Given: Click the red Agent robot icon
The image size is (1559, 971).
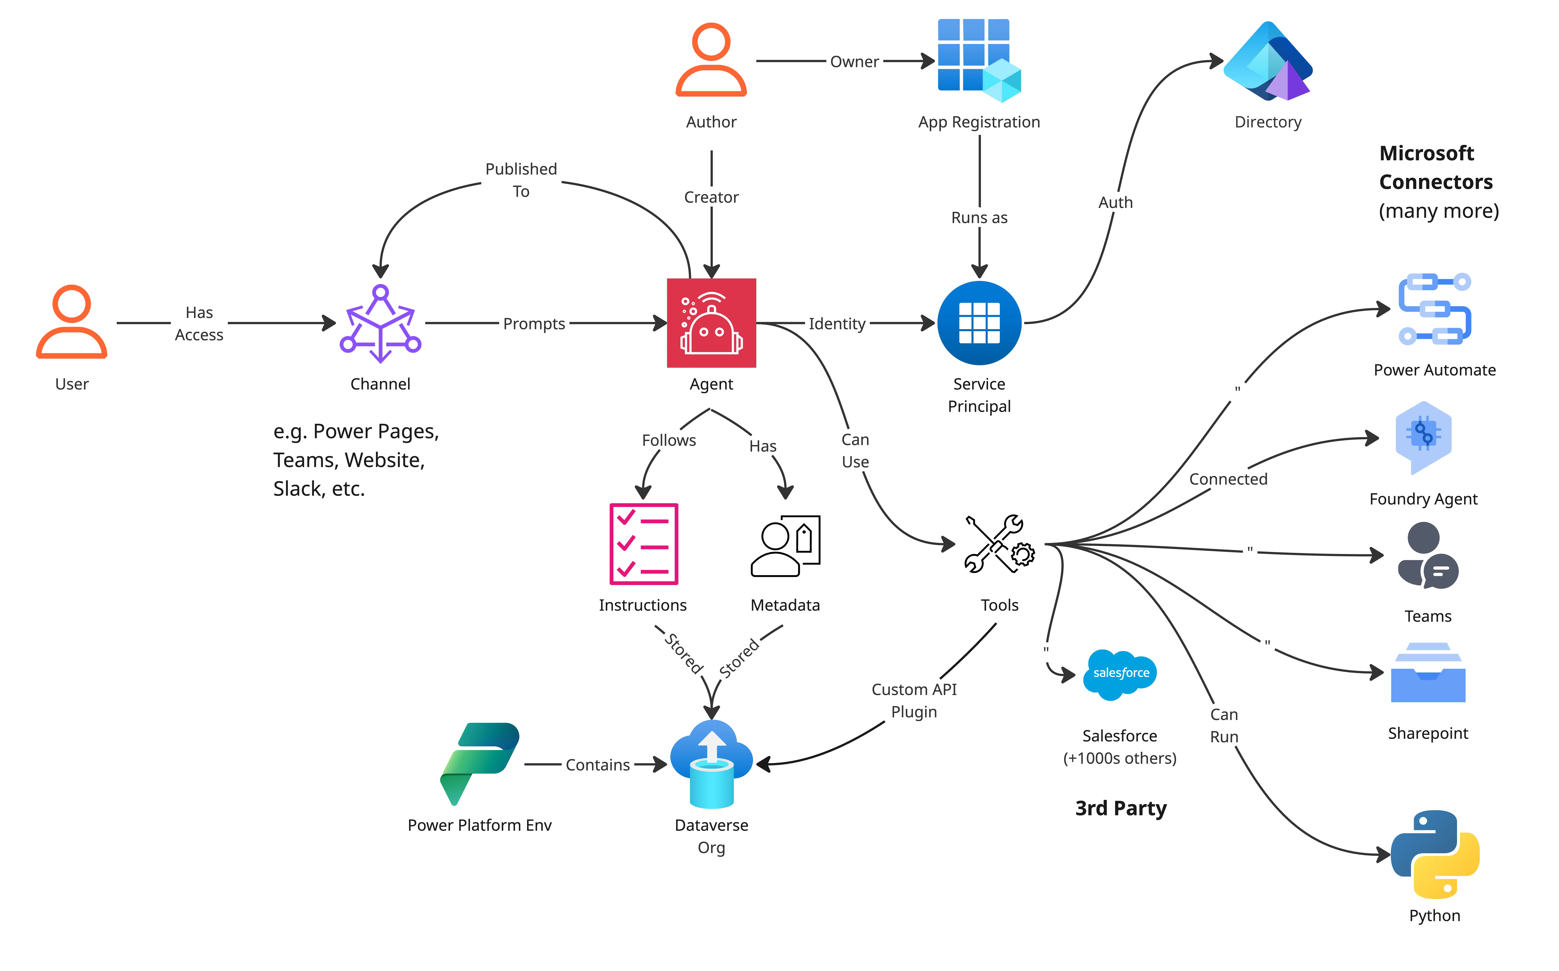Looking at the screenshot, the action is [711, 323].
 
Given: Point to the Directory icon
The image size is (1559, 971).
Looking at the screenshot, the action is [1268, 61].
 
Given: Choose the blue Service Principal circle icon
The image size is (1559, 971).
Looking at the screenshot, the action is [979, 323].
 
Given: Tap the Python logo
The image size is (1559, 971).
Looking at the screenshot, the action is [1435, 854].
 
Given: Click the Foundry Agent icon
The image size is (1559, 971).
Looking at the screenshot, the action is [1423, 438].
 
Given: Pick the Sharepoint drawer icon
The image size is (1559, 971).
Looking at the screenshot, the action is [1428, 672].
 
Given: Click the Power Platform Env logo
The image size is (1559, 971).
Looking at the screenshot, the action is [480, 764].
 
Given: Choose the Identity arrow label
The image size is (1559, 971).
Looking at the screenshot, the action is [837, 324].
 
